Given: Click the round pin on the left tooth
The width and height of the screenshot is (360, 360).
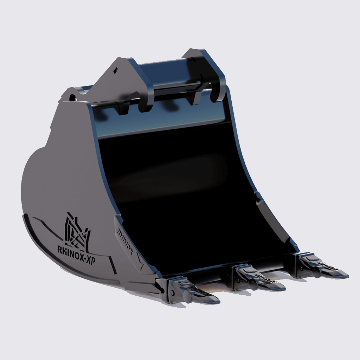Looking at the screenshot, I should [x=188, y=298].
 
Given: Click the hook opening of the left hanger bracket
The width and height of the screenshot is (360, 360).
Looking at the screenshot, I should [x=143, y=105].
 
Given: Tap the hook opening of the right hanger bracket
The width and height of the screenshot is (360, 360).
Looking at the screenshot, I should [x=215, y=94].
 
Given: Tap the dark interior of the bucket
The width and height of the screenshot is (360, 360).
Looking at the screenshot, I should [x=183, y=197].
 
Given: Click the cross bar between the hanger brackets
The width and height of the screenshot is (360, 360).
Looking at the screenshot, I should [x=176, y=88].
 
